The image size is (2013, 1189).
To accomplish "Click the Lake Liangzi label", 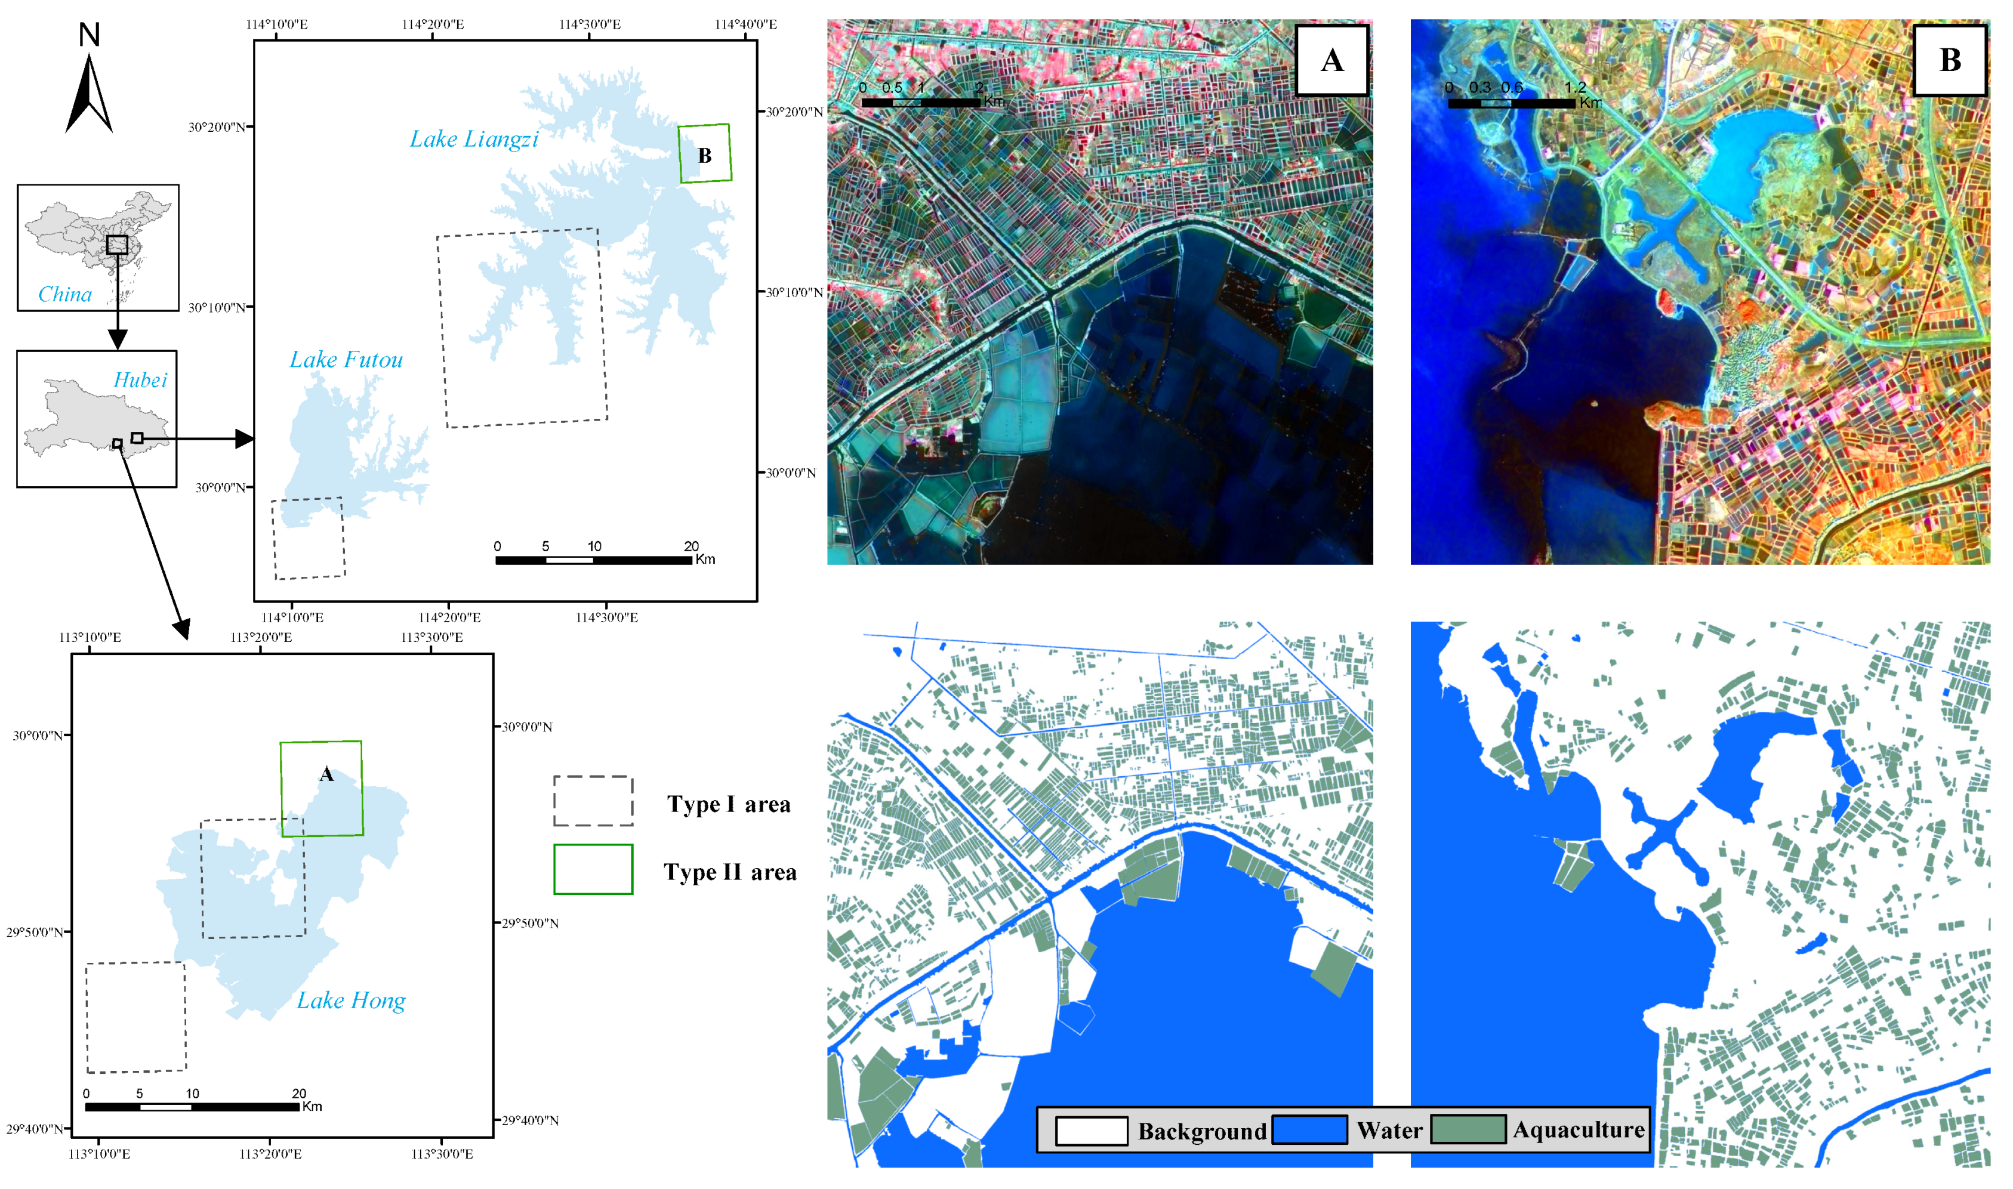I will (474, 140).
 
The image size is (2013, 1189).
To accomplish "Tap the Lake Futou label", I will (346, 360).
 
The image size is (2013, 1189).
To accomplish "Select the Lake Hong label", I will (351, 1000).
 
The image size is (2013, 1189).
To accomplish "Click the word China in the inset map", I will (65, 294).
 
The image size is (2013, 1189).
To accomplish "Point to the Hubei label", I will (140, 380).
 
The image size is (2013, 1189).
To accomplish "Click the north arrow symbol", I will (89, 92).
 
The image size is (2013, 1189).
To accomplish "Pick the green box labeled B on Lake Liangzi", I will (704, 153).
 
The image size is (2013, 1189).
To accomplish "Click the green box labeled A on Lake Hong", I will (320, 789).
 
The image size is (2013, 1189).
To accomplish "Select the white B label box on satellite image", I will (1949, 60).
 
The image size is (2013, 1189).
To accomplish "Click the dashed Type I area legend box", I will (593, 801).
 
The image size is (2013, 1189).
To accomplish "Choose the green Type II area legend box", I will (593, 869).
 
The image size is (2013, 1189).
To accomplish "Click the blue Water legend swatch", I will (1309, 1130).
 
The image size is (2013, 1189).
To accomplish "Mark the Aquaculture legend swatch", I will (1468, 1130).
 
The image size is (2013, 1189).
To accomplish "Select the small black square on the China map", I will (117, 245).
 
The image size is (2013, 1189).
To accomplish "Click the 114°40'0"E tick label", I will (745, 24).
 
